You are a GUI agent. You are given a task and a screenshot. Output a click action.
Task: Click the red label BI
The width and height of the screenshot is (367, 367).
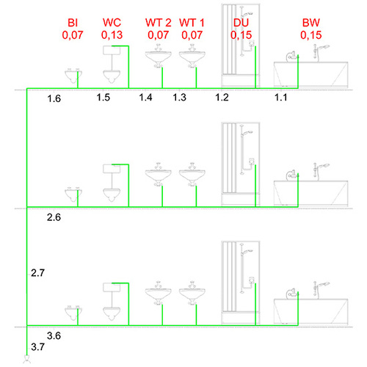[73, 23]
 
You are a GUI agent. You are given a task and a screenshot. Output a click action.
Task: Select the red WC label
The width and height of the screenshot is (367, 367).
[112, 23]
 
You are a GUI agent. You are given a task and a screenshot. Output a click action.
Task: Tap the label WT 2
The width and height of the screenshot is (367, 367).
[159, 23]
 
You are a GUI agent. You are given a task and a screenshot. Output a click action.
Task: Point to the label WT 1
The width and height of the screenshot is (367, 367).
[192, 23]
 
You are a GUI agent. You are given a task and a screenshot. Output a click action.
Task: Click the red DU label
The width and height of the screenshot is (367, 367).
[241, 23]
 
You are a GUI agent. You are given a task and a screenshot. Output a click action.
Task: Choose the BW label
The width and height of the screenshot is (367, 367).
[311, 23]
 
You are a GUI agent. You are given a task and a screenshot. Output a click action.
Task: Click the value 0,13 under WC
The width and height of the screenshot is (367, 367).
[112, 35]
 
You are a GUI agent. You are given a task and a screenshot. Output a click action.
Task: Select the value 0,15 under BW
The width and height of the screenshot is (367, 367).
[311, 35]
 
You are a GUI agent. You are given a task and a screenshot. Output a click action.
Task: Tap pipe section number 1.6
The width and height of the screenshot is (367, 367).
[54, 98]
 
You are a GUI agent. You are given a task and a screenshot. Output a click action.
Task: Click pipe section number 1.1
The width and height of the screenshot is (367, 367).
[280, 98]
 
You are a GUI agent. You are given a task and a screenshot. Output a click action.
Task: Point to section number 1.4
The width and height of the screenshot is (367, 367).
[145, 98]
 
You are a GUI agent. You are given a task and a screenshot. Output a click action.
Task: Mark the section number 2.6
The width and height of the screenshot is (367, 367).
[54, 217]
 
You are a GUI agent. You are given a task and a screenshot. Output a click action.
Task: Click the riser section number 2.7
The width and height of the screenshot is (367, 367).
[37, 273]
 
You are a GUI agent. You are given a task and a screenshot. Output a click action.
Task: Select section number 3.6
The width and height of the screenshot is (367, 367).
[54, 335]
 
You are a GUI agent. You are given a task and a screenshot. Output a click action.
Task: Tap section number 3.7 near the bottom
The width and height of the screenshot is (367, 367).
[37, 347]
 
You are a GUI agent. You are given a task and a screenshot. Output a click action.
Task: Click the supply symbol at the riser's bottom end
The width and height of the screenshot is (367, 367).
[26, 359]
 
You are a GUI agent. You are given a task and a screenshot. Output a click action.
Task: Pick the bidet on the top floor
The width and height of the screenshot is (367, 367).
[73, 76]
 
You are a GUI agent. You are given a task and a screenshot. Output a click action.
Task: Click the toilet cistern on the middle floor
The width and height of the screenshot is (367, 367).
[112, 169]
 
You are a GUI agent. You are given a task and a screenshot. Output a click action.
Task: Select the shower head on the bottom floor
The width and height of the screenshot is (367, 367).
[247, 251]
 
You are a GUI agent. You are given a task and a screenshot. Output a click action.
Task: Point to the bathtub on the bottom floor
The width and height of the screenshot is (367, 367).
[310, 311]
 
